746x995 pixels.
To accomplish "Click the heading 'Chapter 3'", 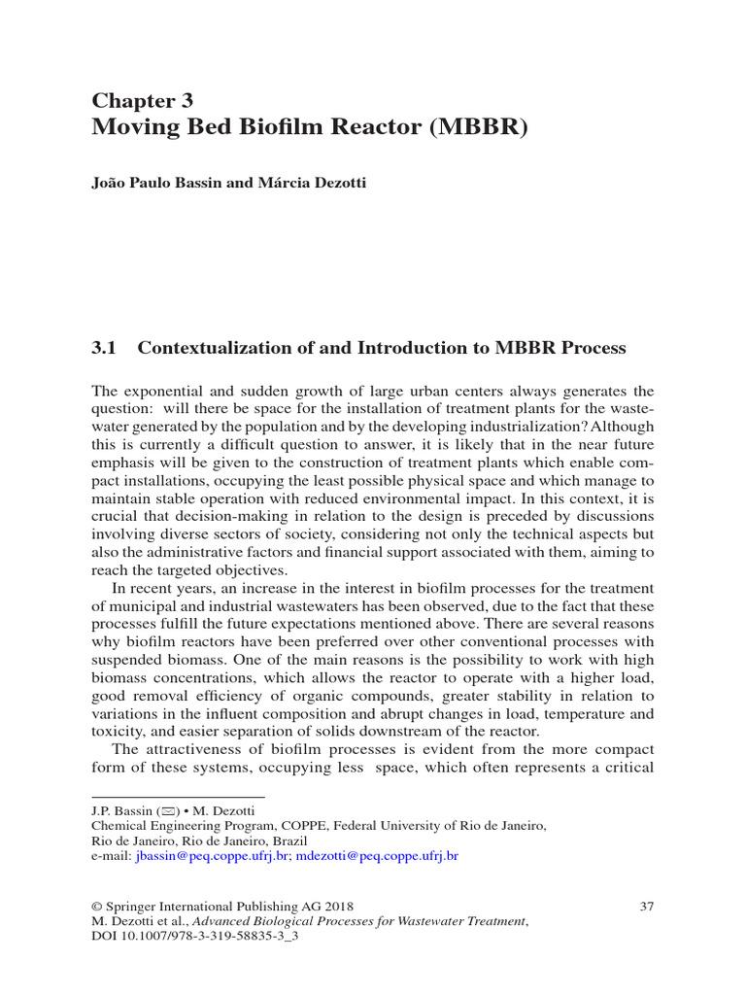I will pyautogui.click(x=142, y=100).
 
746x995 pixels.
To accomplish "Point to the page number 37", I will pyautogui.click(x=647, y=907).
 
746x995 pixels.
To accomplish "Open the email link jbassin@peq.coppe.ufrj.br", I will pyautogui.click(x=213, y=856).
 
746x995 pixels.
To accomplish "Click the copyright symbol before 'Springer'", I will pyautogui.click(x=96, y=907).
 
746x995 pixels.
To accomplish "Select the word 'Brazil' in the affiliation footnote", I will pyautogui.click(x=288, y=841).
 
